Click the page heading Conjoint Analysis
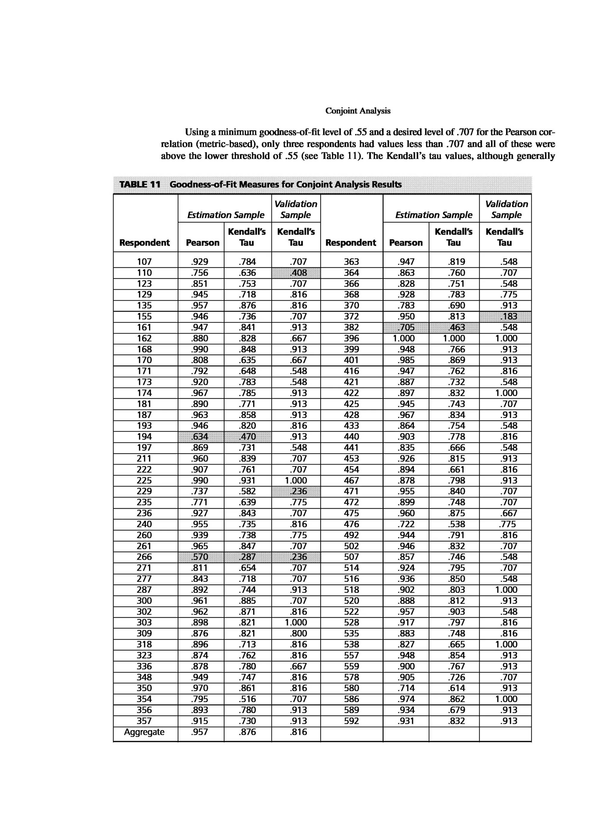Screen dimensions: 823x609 358,111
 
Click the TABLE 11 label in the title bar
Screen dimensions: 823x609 140,184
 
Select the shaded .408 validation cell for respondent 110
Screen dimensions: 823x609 296,273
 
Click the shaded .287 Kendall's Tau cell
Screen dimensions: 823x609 247,557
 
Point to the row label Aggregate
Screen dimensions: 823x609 144,732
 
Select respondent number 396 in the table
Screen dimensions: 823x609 351,338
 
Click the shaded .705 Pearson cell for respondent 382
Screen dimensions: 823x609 406,327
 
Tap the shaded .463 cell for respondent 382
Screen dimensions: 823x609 454,327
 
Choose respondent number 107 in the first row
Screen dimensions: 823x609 144,262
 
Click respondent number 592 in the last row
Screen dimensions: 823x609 351,721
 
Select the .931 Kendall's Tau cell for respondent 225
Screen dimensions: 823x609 247,481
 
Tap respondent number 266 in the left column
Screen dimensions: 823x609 144,557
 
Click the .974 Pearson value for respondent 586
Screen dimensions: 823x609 406,699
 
